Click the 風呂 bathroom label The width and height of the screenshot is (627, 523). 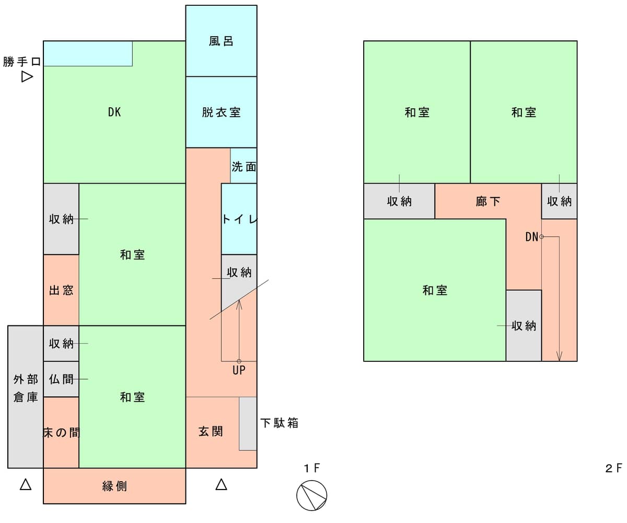pos(221,41)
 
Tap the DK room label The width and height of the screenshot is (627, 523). pos(114,112)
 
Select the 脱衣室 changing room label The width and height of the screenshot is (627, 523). pos(221,112)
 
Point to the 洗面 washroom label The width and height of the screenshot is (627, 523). pos(244,167)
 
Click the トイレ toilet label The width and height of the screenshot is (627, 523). pos(239,219)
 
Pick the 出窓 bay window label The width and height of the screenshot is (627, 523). pos(61,290)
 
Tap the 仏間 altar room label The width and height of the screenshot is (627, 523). pos(61,379)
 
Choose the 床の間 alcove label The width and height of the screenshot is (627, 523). pos(62,433)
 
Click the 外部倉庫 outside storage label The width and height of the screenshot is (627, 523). pos(26,388)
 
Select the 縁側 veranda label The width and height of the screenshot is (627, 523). pos(114,486)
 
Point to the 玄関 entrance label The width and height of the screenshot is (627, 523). pos(211,431)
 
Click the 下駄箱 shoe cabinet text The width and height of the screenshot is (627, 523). pos(279,423)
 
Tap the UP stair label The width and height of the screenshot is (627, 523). pos(239,370)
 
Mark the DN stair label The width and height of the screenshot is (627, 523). pos(531,237)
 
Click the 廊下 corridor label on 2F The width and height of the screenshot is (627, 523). pos(488,201)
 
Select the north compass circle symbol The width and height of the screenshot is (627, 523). pos(311,495)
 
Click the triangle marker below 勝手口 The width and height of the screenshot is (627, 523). pos(27,77)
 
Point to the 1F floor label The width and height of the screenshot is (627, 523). pos(312,468)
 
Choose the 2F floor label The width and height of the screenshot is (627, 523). pos(613,468)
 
